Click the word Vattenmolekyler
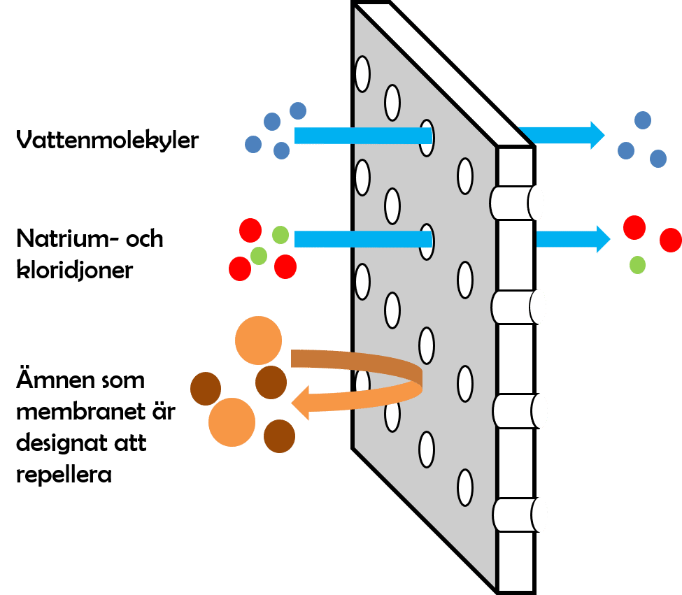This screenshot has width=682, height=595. coord(107,140)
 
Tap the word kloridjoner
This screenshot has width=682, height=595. coord(73,270)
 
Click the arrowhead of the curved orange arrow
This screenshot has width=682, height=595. coord(302,405)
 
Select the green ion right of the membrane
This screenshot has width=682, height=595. coord(637,264)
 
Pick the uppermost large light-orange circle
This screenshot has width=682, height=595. coord(258,340)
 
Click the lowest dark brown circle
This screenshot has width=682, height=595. coord(279,435)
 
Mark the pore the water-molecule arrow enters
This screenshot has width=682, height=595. coord(426,136)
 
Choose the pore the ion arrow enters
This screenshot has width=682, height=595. coord(426,240)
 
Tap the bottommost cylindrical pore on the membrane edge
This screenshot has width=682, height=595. coord(518,515)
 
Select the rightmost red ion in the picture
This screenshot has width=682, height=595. coord(670,240)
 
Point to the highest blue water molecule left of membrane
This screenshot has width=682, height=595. coord(298,110)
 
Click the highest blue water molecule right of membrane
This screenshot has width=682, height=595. coord(642,120)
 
